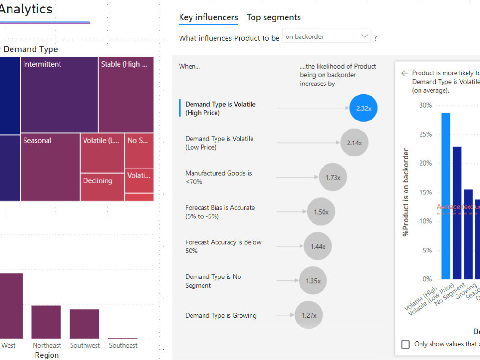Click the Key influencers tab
click(208, 18)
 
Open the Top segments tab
click(274, 18)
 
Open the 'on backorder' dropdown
click(326, 36)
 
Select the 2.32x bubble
click(364, 108)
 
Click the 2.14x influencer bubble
click(354, 143)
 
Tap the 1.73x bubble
click(333, 177)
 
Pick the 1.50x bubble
click(321, 212)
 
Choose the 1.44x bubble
click(318, 246)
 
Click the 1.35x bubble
click(313, 281)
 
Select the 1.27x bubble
click(309, 315)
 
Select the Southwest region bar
click(84, 324)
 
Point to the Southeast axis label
click(123, 345)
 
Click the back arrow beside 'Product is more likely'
click(405, 73)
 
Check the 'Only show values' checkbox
click(406, 344)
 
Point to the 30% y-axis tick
click(425, 105)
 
